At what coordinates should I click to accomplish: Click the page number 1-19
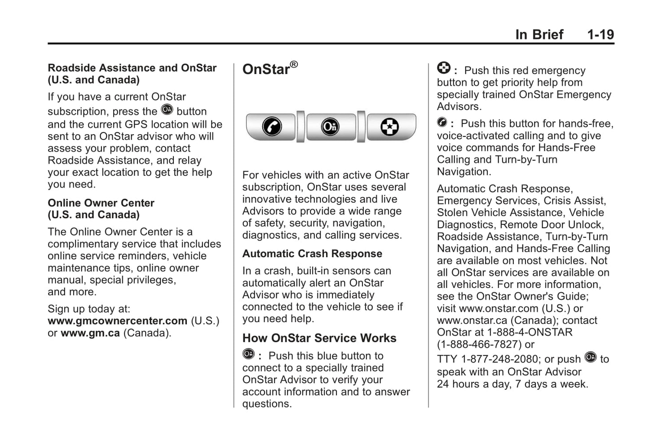pyautogui.click(x=600, y=35)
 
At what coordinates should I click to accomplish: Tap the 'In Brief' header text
pyautogui.click(x=539, y=35)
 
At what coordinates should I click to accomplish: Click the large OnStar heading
pyautogui.click(x=266, y=69)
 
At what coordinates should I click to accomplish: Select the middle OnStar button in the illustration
pyautogui.click(x=331, y=127)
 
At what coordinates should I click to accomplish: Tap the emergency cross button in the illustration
pyautogui.click(x=389, y=127)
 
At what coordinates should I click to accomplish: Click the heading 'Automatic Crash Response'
pyautogui.click(x=312, y=254)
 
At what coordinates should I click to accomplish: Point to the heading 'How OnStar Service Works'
pyautogui.click(x=319, y=338)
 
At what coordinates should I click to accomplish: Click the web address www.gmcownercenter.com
pyautogui.click(x=117, y=321)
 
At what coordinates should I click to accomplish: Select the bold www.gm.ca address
pyautogui.click(x=90, y=333)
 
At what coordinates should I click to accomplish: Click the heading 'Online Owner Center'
pyautogui.click(x=101, y=203)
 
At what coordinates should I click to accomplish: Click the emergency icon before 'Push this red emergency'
pyautogui.click(x=443, y=68)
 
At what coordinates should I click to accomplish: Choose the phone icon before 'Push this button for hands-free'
pyautogui.click(x=442, y=122)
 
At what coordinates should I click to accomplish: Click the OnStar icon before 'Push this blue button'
pyautogui.click(x=248, y=354)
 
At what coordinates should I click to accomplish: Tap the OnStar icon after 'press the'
pyautogui.click(x=167, y=109)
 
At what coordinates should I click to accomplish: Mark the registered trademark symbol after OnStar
pyautogui.click(x=294, y=65)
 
